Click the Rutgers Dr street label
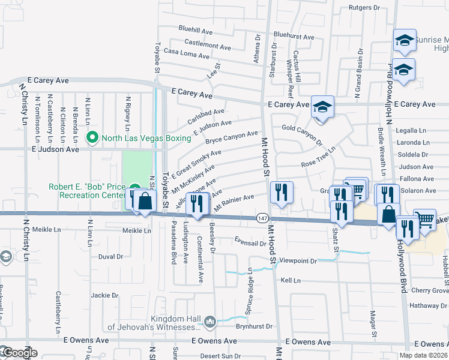[x=365, y=8]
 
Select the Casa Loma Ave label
[x=186, y=54]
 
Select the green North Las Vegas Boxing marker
[x=92, y=138]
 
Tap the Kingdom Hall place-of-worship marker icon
[x=209, y=322]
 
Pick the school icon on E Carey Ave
[x=322, y=107]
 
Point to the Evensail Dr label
[x=250, y=243]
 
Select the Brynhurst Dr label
[x=254, y=327]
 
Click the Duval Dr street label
[x=110, y=256]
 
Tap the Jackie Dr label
[x=104, y=295]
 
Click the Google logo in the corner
[x=19, y=353]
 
